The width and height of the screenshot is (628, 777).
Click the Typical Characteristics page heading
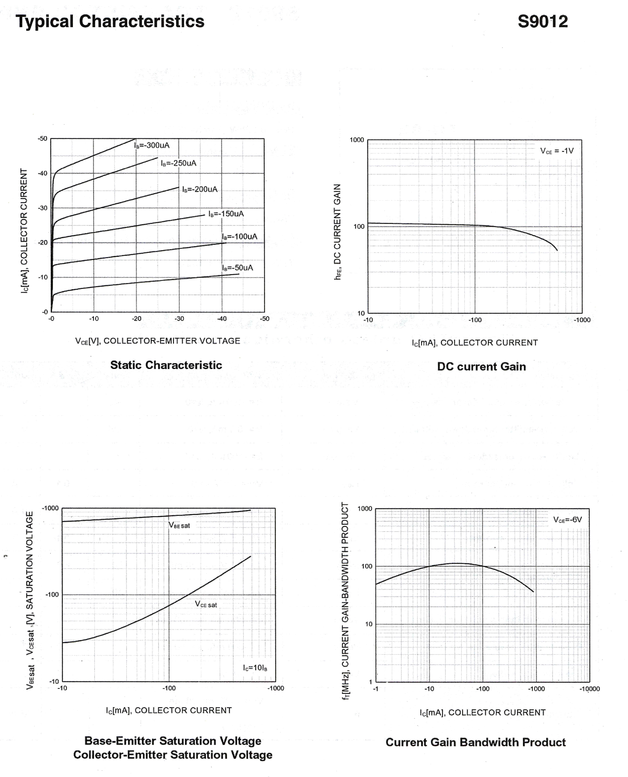point(110,21)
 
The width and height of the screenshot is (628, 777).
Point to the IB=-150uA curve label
point(226,214)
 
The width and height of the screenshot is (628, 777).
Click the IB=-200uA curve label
point(200,189)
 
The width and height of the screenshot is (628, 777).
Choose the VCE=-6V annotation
point(567,520)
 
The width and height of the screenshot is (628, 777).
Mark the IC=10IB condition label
point(255,668)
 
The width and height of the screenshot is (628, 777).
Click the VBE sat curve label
point(179,525)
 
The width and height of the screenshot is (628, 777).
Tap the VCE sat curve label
point(206,604)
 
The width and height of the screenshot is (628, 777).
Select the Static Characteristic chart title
point(166,365)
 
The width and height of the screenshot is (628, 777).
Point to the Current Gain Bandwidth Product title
point(475,742)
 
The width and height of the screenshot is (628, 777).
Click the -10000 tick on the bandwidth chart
point(589,689)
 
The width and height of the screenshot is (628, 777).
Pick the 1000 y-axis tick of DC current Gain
point(357,140)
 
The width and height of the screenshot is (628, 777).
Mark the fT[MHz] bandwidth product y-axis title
point(345,601)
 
